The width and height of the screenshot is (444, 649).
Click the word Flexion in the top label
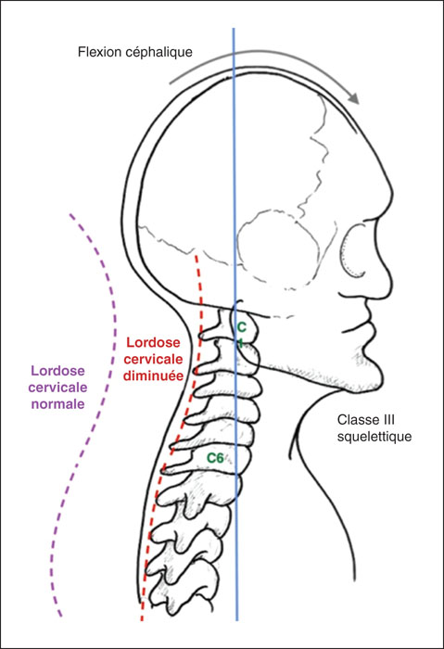click(x=97, y=52)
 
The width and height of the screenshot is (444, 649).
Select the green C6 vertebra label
click(x=215, y=458)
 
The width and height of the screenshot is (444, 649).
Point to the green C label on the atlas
click(x=241, y=327)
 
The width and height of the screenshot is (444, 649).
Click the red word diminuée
click(x=154, y=375)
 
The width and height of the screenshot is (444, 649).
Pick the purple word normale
click(x=57, y=403)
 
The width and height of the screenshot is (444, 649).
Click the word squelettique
click(x=374, y=437)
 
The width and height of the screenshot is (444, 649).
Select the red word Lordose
click(x=153, y=342)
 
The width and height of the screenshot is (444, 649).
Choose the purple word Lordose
click(x=57, y=371)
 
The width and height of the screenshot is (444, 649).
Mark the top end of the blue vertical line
click(x=234, y=29)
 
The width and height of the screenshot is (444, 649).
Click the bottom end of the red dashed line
click(x=142, y=620)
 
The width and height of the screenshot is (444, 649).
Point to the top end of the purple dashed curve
click(x=70, y=214)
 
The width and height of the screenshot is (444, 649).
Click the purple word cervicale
click(x=57, y=388)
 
